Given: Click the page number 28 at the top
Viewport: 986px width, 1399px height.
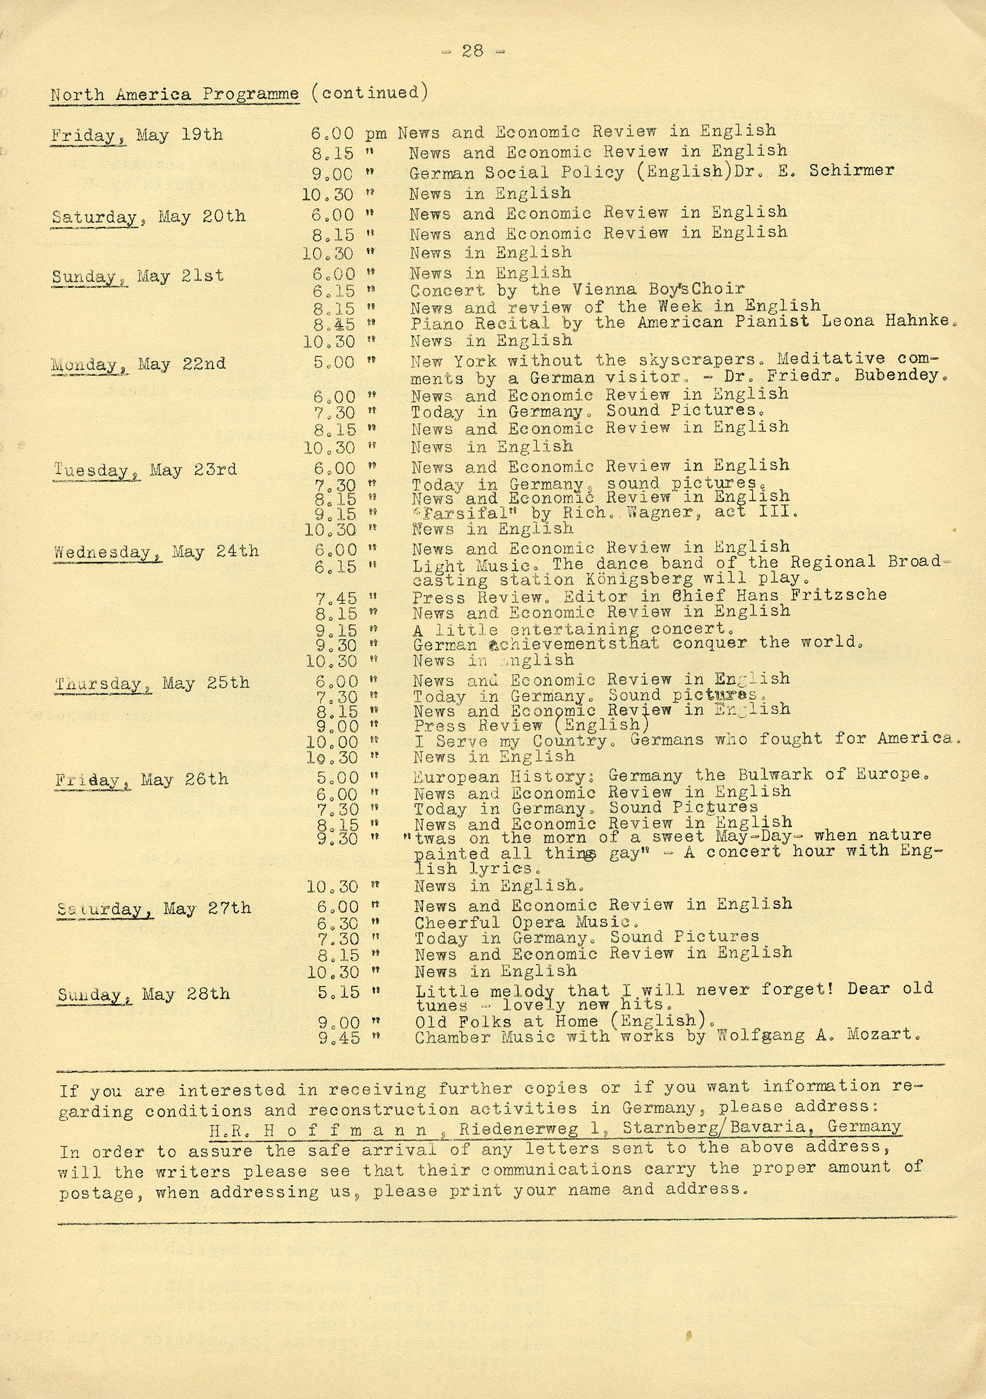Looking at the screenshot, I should coord(472,51).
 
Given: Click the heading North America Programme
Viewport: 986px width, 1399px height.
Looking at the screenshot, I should coord(175,95).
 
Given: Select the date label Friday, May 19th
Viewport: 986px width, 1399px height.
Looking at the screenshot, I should coord(136,135).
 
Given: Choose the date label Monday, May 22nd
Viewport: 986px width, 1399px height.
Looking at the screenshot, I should coord(139,364).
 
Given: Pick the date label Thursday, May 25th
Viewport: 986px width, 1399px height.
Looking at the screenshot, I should coord(152,684).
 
